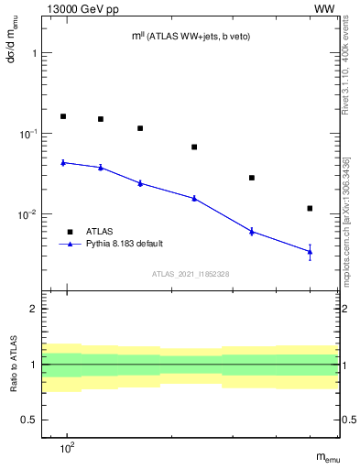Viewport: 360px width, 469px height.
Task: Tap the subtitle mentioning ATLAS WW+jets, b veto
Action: point(191,36)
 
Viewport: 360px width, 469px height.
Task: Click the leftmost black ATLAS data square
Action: point(63,116)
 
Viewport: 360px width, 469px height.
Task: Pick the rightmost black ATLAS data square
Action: point(311,208)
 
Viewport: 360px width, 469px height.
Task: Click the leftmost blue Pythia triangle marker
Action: point(63,162)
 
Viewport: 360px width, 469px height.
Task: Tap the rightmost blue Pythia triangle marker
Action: point(311,251)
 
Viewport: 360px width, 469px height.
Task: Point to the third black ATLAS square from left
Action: point(140,128)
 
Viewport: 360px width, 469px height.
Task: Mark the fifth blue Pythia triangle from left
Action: point(252,231)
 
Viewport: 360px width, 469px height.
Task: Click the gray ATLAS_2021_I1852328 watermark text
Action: point(191,274)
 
